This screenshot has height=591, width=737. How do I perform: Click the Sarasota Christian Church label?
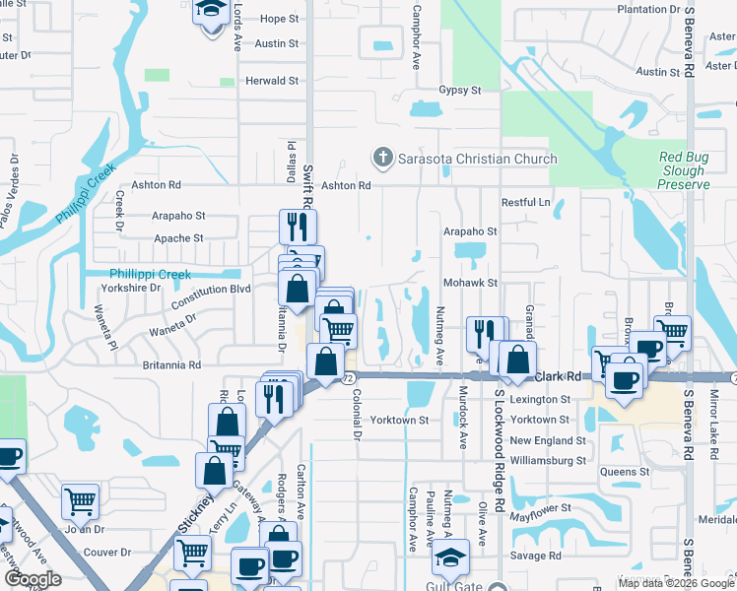click(x=477, y=159)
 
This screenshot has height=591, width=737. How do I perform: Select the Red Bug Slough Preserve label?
click(x=684, y=171)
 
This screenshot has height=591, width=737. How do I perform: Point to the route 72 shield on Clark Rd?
click(x=348, y=378)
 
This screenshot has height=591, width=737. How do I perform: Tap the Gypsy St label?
click(x=459, y=90)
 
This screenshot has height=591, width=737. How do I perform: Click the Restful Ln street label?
click(x=525, y=203)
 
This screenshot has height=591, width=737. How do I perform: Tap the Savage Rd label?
click(x=536, y=556)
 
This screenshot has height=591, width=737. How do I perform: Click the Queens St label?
click(x=625, y=472)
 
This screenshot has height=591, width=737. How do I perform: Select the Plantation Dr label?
click(x=648, y=9)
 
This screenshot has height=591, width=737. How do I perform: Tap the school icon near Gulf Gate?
click(x=450, y=557)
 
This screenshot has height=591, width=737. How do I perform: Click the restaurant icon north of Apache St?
click(x=298, y=228)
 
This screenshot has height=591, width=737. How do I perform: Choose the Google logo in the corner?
click(x=33, y=580)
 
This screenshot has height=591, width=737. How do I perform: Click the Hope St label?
click(x=279, y=19)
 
